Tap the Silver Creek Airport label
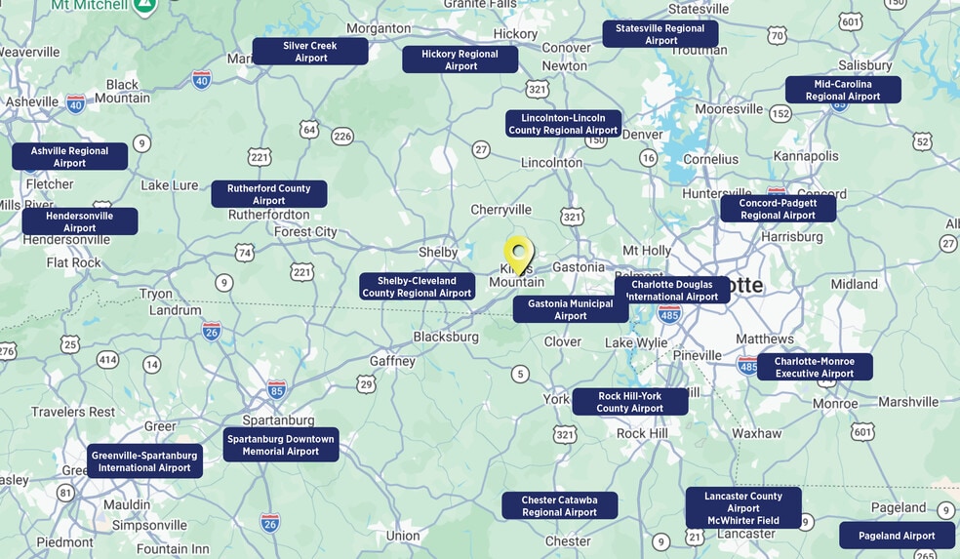pyautogui.click(x=310, y=52)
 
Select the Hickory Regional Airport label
pyautogui.click(x=460, y=60)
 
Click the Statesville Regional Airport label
pyautogui.click(x=660, y=34)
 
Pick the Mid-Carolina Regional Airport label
pyautogui.click(x=843, y=90)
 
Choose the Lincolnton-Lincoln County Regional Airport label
pyautogui.click(x=563, y=124)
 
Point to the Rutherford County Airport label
pyautogui.click(x=268, y=194)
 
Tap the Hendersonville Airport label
pyautogui.click(x=79, y=221)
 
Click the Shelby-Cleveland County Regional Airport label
pyautogui.click(x=417, y=287)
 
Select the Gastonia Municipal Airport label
pyautogui.click(x=571, y=309)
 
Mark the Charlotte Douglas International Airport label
pyautogui.click(x=672, y=291)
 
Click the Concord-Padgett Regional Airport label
pyautogui.click(x=778, y=209)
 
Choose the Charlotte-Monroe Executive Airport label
pyautogui.click(x=815, y=367)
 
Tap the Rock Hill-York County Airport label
pyautogui.click(x=629, y=402)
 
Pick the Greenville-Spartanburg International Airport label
pyautogui.click(x=144, y=461)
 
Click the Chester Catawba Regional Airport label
pyautogui.click(x=559, y=505)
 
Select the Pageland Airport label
pyautogui.click(x=897, y=536)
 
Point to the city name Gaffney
pyautogui.click(x=392, y=361)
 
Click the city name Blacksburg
pyautogui.click(x=446, y=337)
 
